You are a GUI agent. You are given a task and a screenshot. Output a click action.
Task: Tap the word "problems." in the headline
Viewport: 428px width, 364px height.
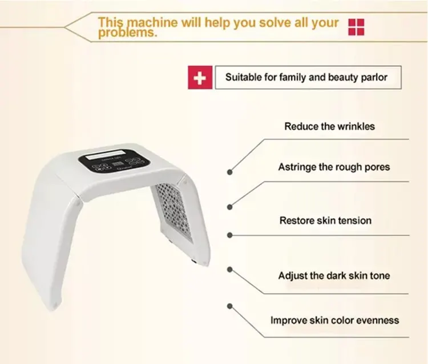coord(127,33)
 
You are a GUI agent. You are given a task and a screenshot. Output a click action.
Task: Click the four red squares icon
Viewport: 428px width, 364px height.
coord(356,27)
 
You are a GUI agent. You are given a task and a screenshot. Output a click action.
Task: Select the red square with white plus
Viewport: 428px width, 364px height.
coord(200,78)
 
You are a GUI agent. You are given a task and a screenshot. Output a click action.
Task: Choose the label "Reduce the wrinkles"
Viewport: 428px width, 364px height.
coord(329,126)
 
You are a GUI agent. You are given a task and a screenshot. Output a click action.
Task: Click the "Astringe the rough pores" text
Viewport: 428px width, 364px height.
coord(334,167)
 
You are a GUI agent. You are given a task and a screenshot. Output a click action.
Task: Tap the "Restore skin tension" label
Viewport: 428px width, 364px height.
coord(325,221)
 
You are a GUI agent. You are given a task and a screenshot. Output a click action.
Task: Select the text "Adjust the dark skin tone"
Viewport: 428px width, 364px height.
coord(334,275)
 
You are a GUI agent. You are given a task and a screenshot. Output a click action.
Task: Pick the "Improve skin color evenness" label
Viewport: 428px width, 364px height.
coord(334,320)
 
